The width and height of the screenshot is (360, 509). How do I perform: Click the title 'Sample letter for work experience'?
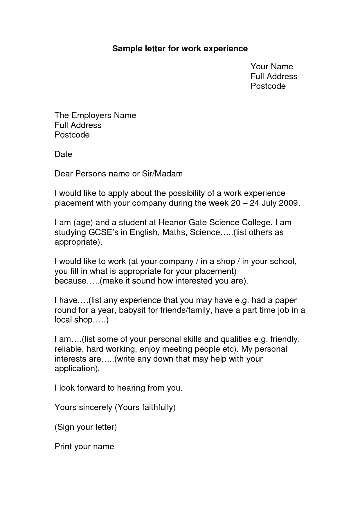tap(180, 48)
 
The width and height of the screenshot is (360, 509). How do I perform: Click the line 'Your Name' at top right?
tap(272, 67)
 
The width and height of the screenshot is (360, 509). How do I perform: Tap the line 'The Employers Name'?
tap(95, 115)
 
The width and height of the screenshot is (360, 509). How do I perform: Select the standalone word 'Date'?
tap(63, 154)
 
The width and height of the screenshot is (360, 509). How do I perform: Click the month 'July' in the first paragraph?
tap(269, 203)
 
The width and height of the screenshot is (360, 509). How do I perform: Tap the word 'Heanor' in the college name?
tap(172, 223)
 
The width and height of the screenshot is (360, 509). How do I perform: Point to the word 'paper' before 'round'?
tap(286, 300)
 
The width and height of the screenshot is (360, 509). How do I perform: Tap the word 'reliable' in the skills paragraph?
tap(69, 349)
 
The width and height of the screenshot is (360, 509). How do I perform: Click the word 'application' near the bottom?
tap(76, 369)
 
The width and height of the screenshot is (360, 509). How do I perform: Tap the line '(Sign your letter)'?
tap(86, 427)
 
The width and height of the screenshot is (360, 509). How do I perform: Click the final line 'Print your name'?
tap(84, 447)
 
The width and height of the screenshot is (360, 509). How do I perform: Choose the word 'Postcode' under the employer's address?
tap(72, 135)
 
